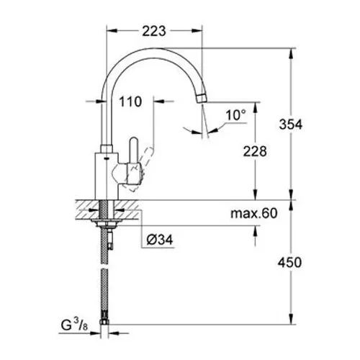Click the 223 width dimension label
pos(154,31)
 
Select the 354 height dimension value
pos(291,125)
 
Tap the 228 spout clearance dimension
pos(255,151)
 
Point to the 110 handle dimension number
pos(130,102)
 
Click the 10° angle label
pos(236,114)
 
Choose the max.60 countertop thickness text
pos(254,213)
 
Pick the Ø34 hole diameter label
pos(160,240)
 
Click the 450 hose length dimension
pos(289,262)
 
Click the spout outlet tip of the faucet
pos(202,99)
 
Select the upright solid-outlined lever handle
pos(134,150)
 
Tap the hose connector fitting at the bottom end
pos(104,322)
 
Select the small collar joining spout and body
pos(107,149)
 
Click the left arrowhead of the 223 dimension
pos(112,31)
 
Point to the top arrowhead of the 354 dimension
pos(291,54)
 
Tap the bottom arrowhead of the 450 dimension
pos(291,319)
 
